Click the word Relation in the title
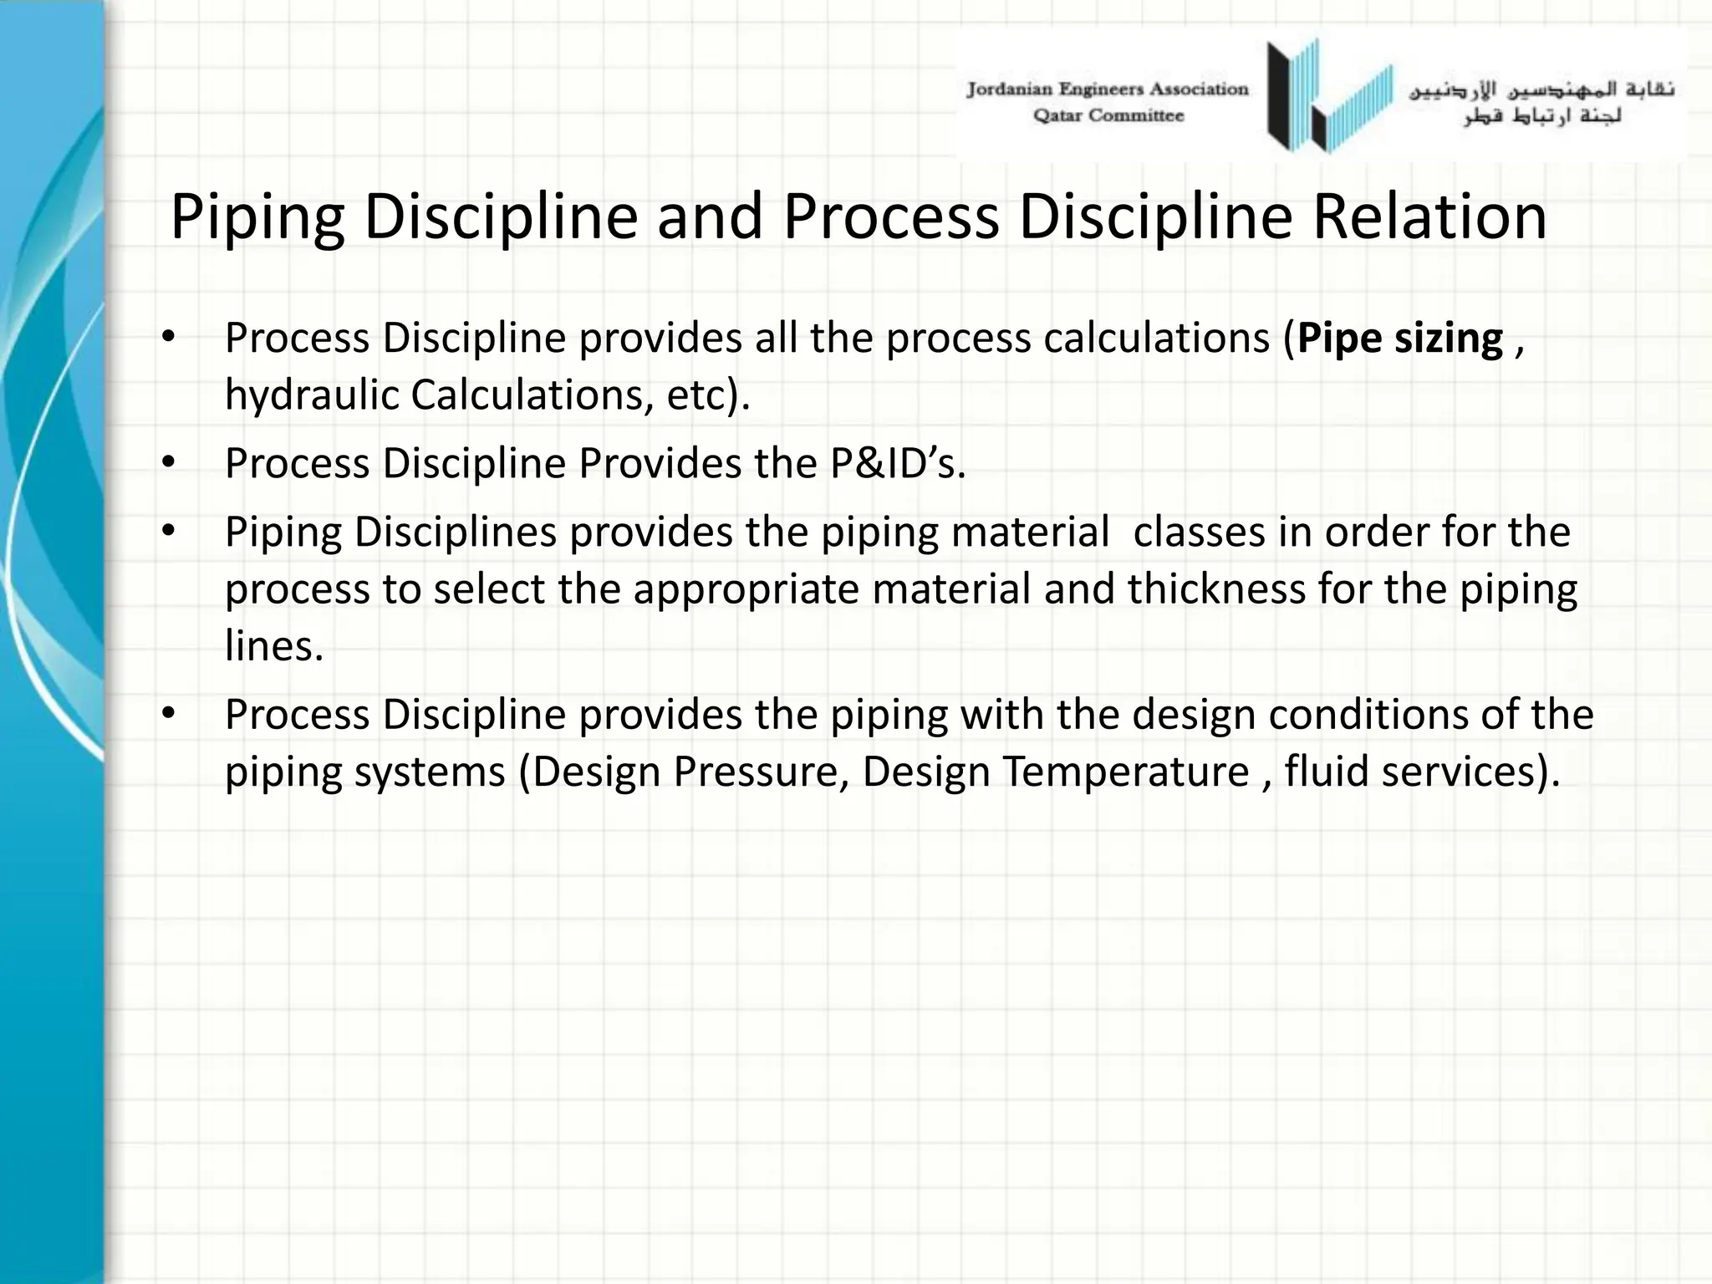(x=1429, y=217)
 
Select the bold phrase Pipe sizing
(x=1400, y=339)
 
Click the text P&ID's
(x=897, y=464)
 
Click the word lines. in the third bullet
(x=273, y=646)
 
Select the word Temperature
(x=1125, y=772)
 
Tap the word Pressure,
(x=762, y=772)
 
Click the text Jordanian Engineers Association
(x=1107, y=89)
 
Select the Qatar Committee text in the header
(x=1108, y=116)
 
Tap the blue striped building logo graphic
(x=1329, y=96)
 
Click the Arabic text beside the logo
(x=1542, y=102)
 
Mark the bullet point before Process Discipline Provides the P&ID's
(x=169, y=462)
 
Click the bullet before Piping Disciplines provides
(x=169, y=531)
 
